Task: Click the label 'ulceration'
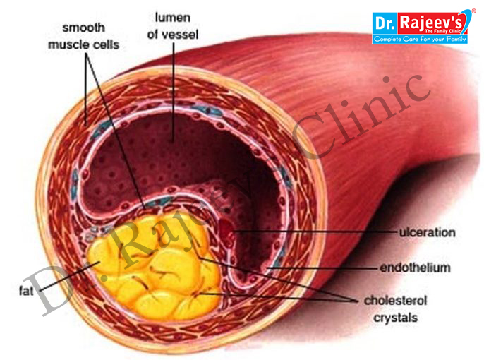(x=428, y=232)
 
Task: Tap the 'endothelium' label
(x=415, y=268)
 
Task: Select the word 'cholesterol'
(x=395, y=301)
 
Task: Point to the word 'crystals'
(x=395, y=318)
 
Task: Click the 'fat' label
(x=26, y=291)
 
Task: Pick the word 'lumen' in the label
(x=173, y=18)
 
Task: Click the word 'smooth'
(x=84, y=28)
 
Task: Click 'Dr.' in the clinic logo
(x=385, y=23)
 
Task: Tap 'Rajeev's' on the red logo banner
(x=431, y=23)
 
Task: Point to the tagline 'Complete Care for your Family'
(x=420, y=40)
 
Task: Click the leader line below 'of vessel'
(x=174, y=92)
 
